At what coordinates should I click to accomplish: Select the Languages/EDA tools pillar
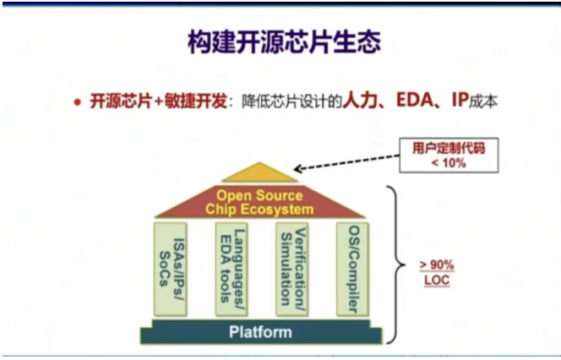[x=231, y=266]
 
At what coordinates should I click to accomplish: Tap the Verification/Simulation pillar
[x=292, y=266]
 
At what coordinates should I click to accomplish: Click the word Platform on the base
[x=260, y=332]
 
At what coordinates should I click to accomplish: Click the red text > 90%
[x=436, y=264]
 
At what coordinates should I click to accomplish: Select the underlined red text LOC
[x=436, y=278]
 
